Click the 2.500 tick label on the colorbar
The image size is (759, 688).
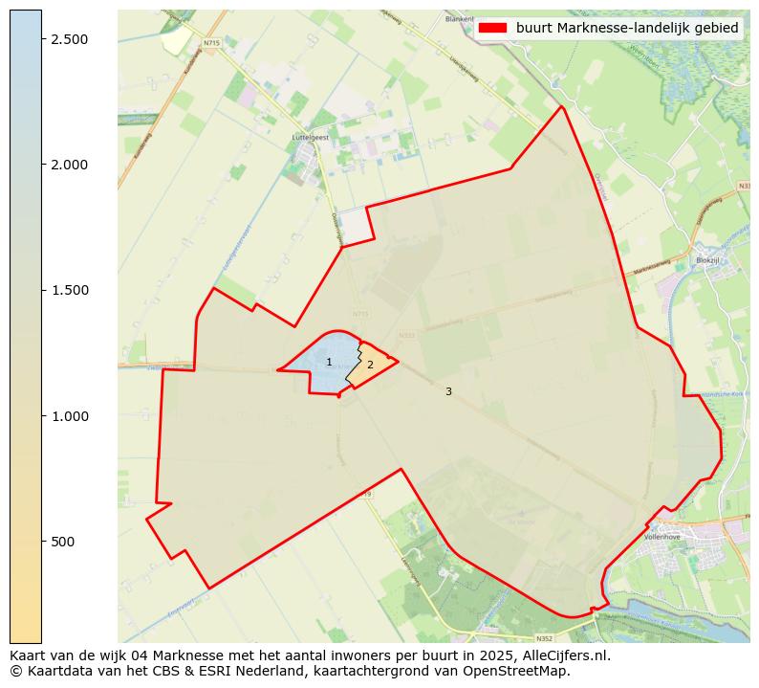(69, 38)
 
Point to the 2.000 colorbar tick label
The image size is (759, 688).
(69, 165)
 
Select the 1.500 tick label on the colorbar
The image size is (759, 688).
(69, 290)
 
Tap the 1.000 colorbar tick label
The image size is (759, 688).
(69, 416)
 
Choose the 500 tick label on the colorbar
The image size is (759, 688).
(63, 542)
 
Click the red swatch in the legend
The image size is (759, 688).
(492, 29)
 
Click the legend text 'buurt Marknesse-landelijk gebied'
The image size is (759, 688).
(627, 29)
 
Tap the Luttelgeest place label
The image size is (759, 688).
(310, 138)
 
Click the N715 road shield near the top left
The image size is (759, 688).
(212, 42)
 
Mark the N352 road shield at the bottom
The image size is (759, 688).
(544, 638)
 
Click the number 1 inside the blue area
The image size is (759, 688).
(329, 363)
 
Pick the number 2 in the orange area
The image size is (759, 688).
(370, 365)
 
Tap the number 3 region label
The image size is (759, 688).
(448, 391)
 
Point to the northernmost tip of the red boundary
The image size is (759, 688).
(562, 106)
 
